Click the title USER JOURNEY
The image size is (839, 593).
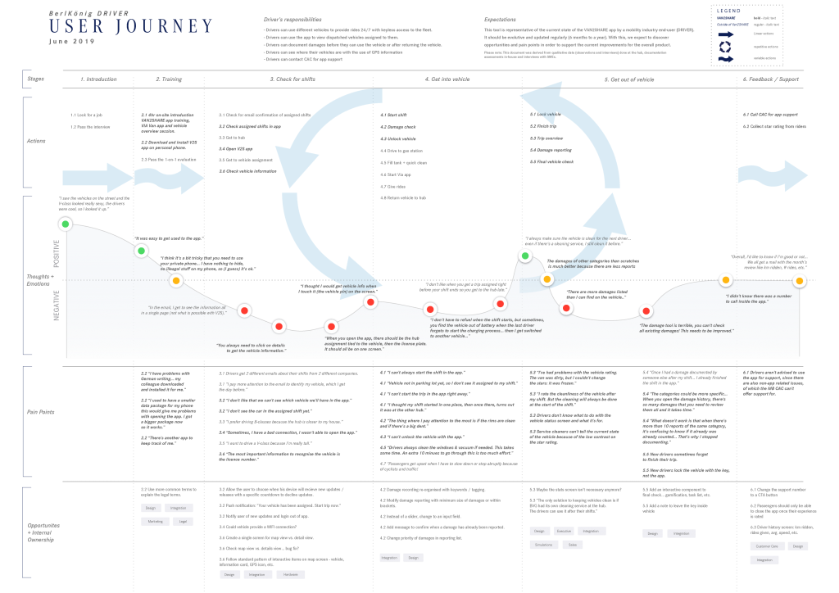coord(131,26)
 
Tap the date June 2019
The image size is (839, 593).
coord(72,41)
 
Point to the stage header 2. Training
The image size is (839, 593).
coord(168,79)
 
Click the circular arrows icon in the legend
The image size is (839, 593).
coord(725,46)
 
